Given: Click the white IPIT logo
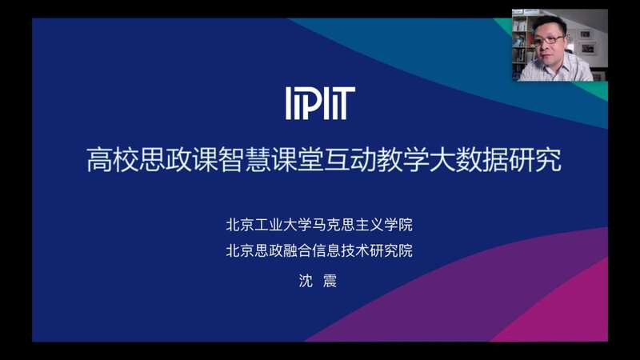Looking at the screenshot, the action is (320, 103).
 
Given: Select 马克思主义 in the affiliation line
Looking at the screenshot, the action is (347, 225).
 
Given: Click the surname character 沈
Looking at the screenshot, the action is (306, 281).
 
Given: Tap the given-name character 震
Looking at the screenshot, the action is (330, 281).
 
